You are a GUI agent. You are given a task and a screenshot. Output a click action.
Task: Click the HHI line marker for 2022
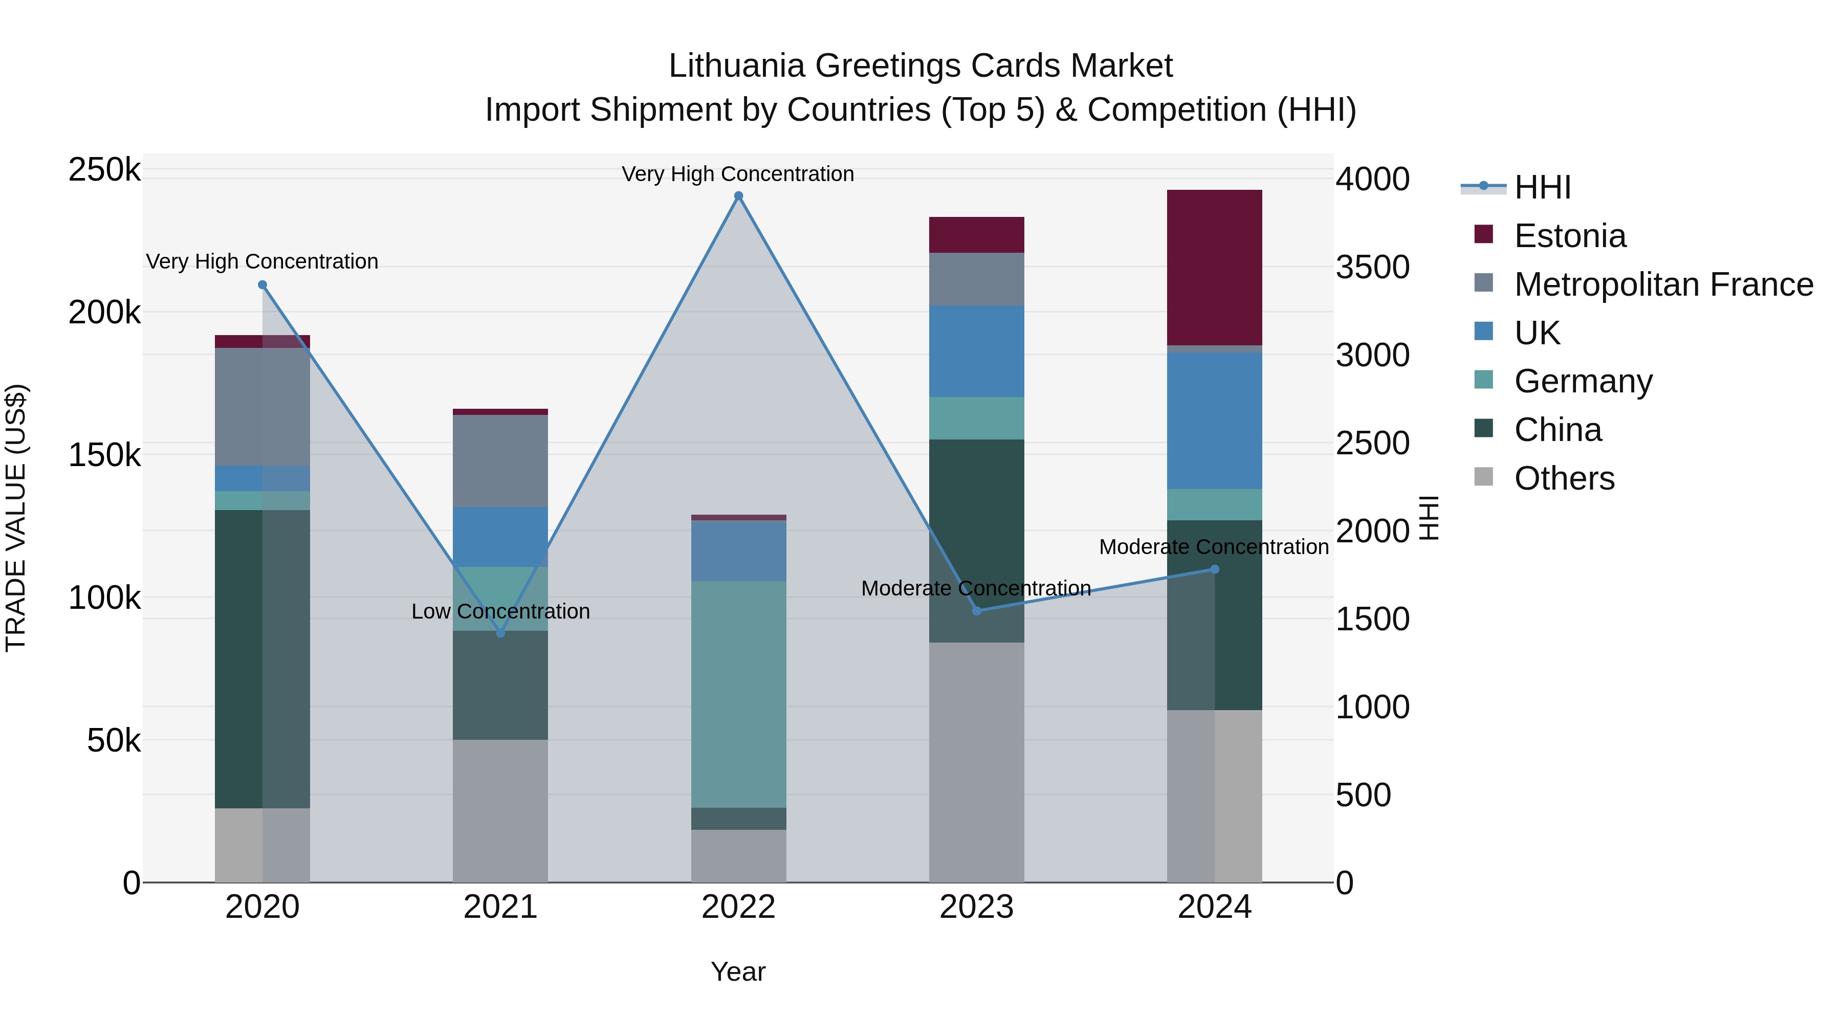tap(739, 196)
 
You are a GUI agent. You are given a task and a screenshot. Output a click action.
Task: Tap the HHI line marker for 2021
tap(500, 633)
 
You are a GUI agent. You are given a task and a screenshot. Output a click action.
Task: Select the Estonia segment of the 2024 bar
tap(1214, 268)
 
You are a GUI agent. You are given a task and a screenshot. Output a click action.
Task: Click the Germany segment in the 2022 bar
tap(739, 694)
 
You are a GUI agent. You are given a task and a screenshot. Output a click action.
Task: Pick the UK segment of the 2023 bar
tap(976, 351)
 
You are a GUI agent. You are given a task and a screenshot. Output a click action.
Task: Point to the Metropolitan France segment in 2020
tap(262, 407)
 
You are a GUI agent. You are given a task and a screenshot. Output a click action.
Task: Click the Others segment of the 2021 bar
tap(500, 811)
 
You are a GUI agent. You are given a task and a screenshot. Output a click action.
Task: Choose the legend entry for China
tap(1558, 430)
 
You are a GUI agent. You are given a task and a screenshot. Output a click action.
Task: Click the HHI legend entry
tap(1542, 187)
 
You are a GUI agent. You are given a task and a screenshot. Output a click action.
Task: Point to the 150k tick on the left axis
tap(104, 455)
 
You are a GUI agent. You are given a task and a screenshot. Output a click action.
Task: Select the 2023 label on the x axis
tap(976, 907)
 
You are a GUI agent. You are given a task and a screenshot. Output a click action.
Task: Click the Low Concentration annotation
tap(500, 611)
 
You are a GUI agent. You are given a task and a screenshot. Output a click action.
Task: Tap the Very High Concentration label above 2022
tap(737, 174)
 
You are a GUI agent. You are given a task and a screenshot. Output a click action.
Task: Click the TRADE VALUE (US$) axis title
tap(16, 518)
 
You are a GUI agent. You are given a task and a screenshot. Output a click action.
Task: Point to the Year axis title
tap(738, 972)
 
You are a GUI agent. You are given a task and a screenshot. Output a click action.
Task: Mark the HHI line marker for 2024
tap(1214, 569)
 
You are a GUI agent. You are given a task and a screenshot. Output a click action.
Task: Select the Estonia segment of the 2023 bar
tap(976, 234)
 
